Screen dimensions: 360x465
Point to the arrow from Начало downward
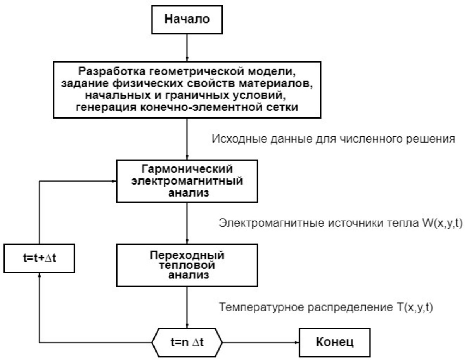(187, 44)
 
